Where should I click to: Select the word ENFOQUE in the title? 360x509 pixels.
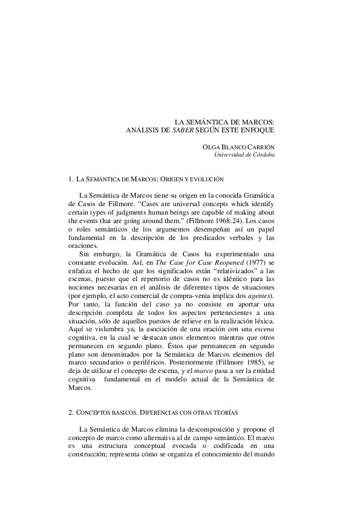tap(258, 130)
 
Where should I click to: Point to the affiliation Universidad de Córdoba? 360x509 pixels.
tap(245, 155)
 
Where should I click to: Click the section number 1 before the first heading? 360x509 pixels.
tap(73, 180)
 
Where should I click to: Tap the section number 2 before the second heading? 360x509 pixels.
tap(73, 412)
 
